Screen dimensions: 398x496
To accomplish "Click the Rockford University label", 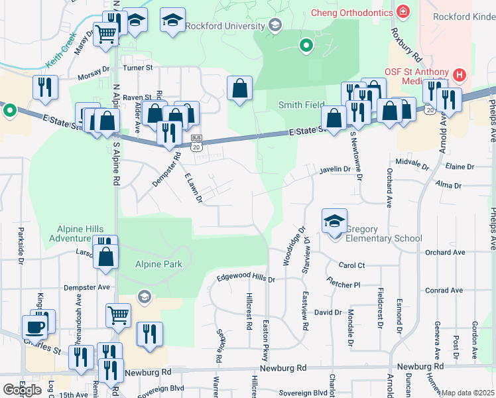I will coord(225,26).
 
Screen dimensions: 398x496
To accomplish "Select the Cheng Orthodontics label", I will coord(352,12).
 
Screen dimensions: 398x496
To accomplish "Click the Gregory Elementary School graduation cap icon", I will coord(334,222).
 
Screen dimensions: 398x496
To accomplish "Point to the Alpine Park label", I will coord(158,264).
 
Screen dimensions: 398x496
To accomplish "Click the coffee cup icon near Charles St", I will coord(34,326).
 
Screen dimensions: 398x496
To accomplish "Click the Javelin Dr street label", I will coord(334,170).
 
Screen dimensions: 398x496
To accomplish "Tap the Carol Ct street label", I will coord(351,265).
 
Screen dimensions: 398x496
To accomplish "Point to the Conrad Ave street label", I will coord(444,291).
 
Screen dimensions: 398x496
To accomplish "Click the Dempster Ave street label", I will coord(86,287).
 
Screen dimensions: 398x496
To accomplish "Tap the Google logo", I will coord(22,389).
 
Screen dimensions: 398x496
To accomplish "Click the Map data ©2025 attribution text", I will coord(468,393).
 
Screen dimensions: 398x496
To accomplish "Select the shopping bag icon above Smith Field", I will coord(239,89).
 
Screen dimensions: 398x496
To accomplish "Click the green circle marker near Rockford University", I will coord(306,46).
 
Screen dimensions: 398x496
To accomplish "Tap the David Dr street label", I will coord(328,312).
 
